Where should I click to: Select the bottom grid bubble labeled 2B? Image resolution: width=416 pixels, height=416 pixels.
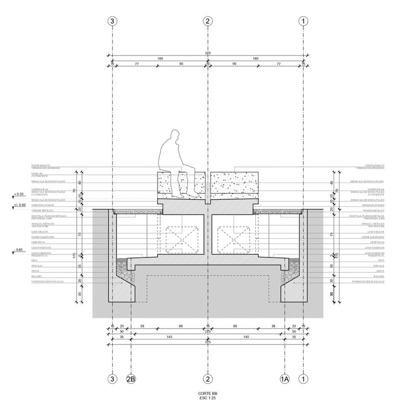(x=132, y=379)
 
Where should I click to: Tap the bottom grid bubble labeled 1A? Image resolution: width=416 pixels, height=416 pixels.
(x=284, y=379)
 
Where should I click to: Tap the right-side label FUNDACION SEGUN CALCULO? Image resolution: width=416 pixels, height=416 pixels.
(x=367, y=281)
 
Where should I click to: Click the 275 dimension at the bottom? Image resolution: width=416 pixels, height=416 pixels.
(x=208, y=331)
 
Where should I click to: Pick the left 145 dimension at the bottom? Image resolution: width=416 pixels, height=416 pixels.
(x=170, y=336)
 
